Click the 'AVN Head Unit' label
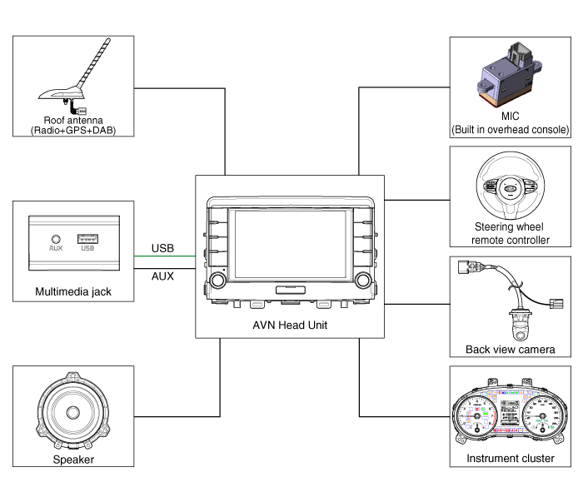coord(290,325)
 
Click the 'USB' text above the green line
coord(162,248)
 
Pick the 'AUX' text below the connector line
coord(162,276)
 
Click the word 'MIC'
coord(510,117)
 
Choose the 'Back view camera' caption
coord(511,349)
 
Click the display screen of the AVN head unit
coord(290,243)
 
